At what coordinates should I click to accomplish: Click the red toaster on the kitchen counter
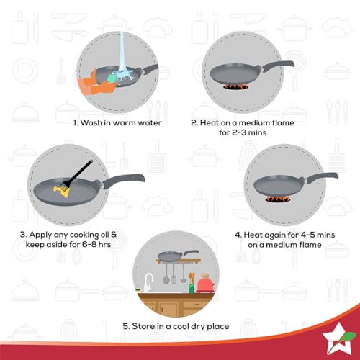pos(205,284)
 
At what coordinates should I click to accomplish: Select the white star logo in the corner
pos(336,338)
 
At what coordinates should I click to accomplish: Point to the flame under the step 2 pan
pos(236,86)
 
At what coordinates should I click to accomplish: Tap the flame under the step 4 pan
pos(278,199)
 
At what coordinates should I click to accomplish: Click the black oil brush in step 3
pos(78,174)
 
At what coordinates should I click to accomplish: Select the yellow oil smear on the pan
pos(62,192)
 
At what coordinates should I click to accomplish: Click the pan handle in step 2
pos(278,65)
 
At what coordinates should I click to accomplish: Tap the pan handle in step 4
pos(322,177)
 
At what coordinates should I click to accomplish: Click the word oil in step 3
pos(104,235)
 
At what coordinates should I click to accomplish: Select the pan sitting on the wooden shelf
pos(178,256)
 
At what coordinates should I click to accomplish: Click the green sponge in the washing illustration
pos(112,77)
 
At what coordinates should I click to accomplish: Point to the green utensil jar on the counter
pos(192,288)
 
